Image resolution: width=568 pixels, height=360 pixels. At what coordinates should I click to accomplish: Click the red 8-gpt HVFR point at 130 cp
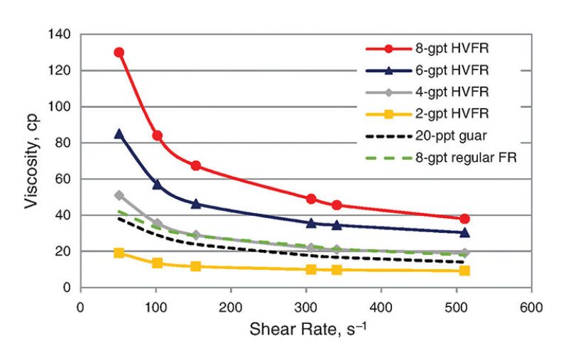pyautogui.click(x=119, y=53)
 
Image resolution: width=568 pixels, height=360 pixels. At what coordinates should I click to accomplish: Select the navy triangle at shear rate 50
pyautogui.click(x=119, y=133)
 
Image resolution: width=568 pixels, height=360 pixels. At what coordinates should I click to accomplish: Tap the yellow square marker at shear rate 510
pyautogui.click(x=464, y=271)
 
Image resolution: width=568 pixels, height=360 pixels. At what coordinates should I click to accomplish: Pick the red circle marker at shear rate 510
pyautogui.click(x=464, y=219)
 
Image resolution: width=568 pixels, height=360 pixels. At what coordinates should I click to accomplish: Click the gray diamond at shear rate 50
pyautogui.click(x=119, y=195)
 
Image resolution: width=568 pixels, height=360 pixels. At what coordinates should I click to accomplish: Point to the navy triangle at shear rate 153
pyautogui.click(x=196, y=204)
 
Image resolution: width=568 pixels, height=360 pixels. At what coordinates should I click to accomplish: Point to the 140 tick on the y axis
pyautogui.click(x=60, y=34)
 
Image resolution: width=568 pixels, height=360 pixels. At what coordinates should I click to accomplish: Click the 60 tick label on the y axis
pyautogui.click(x=64, y=179)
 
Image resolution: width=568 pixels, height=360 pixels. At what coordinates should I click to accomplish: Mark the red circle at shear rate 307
pyautogui.click(x=311, y=200)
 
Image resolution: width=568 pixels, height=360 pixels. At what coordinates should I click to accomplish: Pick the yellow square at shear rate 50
pyautogui.click(x=119, y=253)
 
